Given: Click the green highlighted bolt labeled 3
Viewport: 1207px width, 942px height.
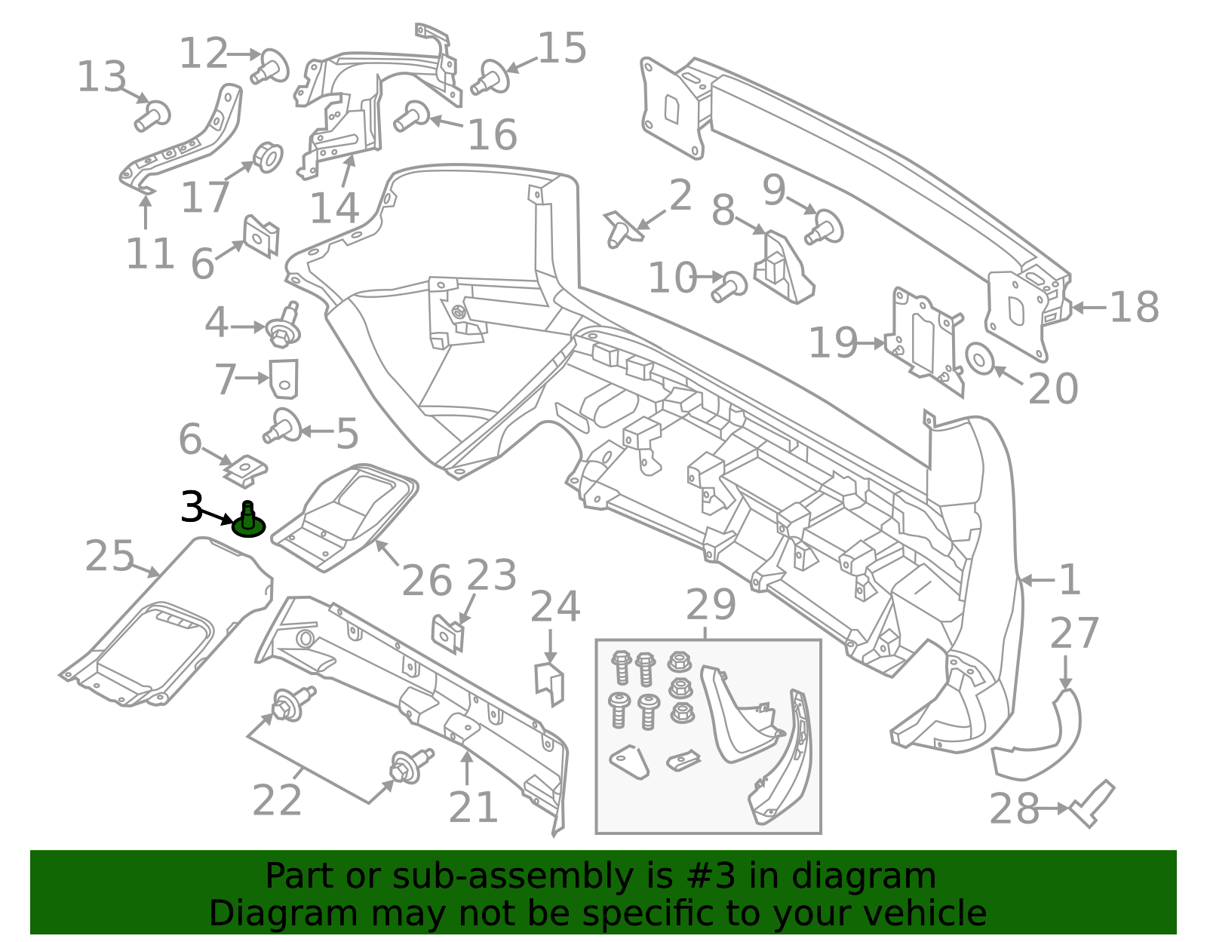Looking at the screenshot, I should coord(248,521).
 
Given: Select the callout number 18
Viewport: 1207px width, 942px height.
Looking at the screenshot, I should coord(1134,308).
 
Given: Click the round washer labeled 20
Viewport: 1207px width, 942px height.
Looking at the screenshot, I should coord(980,358).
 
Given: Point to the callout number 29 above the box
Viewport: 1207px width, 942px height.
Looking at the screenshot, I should coord(711,605).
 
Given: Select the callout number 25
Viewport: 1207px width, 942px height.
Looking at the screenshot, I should coord(110,557).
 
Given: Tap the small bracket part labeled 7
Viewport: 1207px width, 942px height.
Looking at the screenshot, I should coord(284,378).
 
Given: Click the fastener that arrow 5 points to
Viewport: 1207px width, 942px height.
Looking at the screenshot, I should coord(283,427).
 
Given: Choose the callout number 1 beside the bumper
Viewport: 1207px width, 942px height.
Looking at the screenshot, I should coord(1070,580).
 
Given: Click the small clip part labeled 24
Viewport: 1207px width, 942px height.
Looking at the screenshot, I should coord(550,682).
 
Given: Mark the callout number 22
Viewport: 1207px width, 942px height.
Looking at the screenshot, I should coord(277,800).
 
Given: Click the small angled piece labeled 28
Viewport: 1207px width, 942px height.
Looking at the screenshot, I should coord(1092,805).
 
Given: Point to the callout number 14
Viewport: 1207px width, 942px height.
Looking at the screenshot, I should coord(334,209).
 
